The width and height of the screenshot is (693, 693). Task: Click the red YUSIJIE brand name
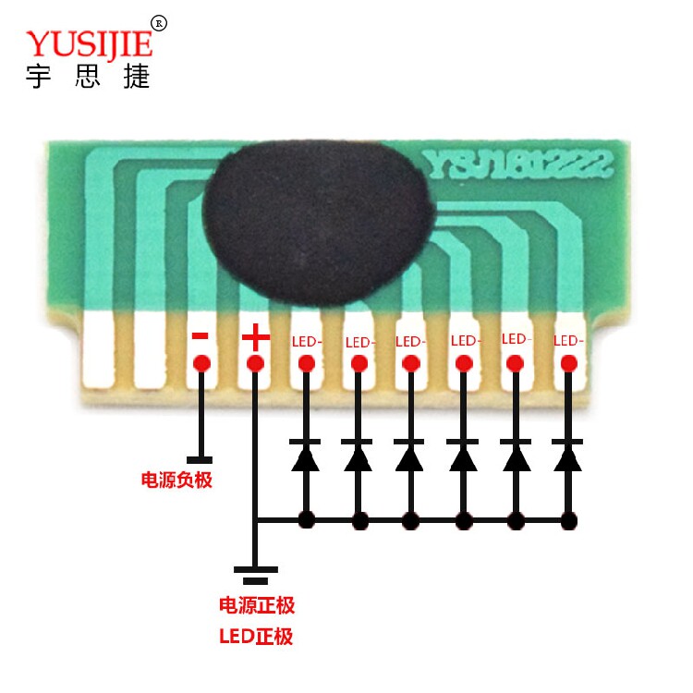click(90, 43)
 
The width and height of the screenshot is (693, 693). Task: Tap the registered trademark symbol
click(159, 23)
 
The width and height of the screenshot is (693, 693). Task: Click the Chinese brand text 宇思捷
click(88, 77)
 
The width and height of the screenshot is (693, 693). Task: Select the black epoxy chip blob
click(319, 223)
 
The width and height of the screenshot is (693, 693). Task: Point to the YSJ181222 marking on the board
click(517, 164)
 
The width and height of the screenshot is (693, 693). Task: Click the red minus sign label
click(201, 336)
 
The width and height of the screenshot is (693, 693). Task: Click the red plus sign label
click(255, 336)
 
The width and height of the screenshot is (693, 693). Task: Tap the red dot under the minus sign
click(202, 364)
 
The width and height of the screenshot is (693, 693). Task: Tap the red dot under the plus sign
click(255, 364)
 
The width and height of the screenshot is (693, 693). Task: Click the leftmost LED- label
click(307, 342)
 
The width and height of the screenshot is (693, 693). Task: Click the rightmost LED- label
click(568, 341)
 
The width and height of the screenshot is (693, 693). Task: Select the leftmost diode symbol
click(306, 456)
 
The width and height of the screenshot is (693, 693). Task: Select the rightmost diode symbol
click(568, 456)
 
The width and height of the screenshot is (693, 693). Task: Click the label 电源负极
click(176, 480)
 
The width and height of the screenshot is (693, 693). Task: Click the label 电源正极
click(257, 605)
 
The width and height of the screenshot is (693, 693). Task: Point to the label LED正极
click(256, 637)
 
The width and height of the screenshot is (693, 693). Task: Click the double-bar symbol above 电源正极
click(255, 575)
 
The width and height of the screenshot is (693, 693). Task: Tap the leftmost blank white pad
click(99, 350)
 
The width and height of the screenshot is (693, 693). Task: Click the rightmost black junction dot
click(569, 520)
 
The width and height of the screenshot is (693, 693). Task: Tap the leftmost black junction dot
click(307, 519)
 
